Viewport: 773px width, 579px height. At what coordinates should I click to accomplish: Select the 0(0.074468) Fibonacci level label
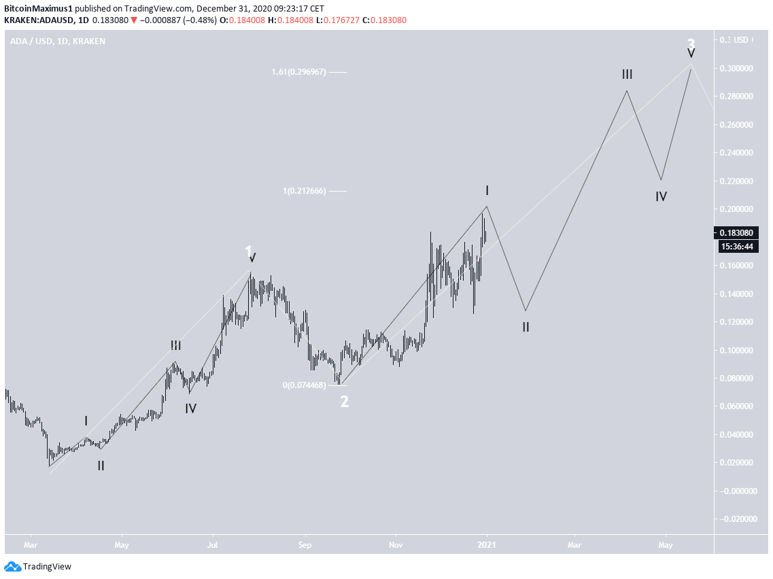click(x=304, y=385)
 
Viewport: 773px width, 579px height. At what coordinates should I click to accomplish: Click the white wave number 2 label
click(x=345, y=402)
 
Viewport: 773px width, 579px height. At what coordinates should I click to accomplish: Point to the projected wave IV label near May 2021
click(x=661, y=196)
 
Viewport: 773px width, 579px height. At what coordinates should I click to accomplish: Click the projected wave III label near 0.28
click(x=627, y=74)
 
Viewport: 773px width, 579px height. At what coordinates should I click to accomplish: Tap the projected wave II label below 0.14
click(x=526, y=326)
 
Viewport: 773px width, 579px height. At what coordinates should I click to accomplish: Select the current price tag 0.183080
click(x=737, y=232)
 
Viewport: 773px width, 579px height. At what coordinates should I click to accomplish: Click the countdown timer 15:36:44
click(x=737, y=246)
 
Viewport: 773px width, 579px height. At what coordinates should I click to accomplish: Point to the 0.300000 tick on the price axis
click(x=737, y=69)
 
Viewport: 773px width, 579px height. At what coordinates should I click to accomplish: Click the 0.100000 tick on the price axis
click(x=737, y=350)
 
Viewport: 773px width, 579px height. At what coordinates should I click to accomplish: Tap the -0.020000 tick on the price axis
click(x=737, y=519)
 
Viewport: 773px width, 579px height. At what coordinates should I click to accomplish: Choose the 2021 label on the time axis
click(x=486, y=544)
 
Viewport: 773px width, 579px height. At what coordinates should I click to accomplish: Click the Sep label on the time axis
click(x=305, y=544)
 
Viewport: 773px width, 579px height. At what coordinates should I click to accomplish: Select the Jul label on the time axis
click(x=213, y=544)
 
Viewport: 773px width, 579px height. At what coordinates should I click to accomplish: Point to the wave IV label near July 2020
click(x=191, y=408)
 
